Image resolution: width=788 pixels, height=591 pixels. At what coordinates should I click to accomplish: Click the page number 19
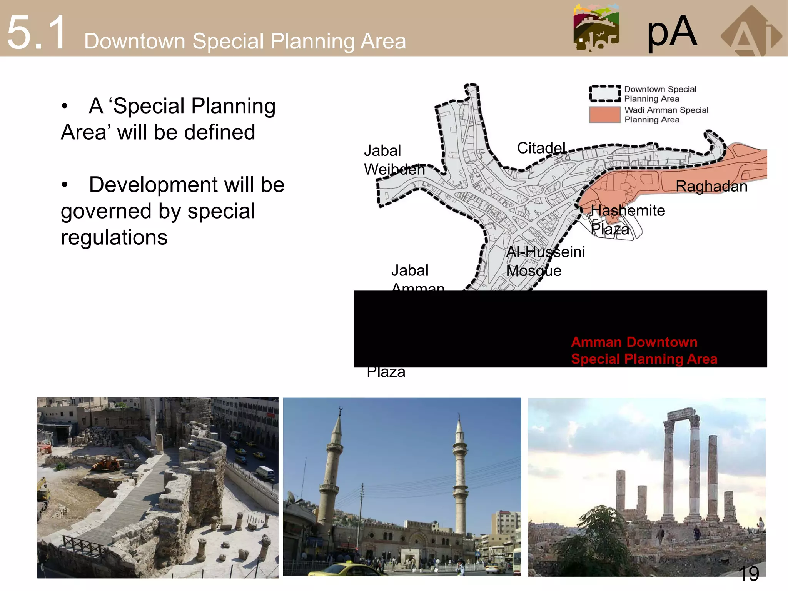(748, 574)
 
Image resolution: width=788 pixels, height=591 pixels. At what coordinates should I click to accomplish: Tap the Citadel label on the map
(541, 148)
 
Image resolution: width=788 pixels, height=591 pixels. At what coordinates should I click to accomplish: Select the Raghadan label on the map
(711, 187)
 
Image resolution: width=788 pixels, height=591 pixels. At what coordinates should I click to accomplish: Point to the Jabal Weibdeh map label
(394, 160)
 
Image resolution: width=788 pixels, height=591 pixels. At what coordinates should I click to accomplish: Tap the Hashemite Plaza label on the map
(628, 220)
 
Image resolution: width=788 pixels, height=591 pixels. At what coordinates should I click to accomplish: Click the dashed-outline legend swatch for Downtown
(605, 93)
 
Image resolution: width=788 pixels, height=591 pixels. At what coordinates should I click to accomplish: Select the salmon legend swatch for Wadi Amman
(605, 115)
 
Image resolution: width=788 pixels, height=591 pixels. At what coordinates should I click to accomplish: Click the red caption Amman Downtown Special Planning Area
(644, 351)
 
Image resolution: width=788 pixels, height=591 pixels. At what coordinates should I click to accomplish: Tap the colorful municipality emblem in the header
(596, 28)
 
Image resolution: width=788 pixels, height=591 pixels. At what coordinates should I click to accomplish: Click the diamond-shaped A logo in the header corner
(751, 33)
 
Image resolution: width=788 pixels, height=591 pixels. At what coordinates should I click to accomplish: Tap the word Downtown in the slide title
(135, 41)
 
